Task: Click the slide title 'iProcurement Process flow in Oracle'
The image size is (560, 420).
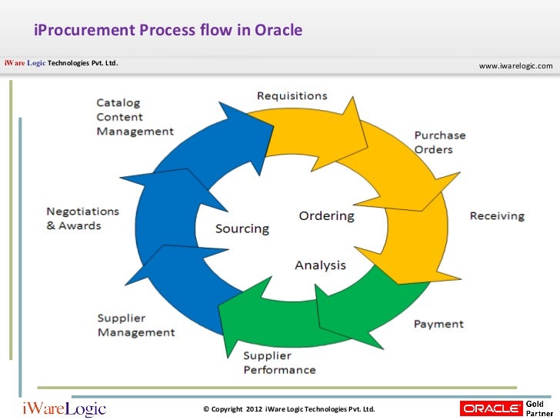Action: point(168,31)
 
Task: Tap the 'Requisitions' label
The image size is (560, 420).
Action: point(292,96)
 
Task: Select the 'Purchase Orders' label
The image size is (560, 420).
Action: point(440,142)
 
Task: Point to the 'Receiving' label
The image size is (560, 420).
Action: point(497,215)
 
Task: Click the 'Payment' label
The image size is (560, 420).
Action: point(438,324)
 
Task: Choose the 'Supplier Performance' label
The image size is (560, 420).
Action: point(279,362)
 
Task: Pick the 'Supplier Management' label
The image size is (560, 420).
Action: point(136,325)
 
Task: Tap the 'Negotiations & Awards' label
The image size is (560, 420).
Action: point(83,218)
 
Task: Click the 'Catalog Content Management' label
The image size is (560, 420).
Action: point(135,117)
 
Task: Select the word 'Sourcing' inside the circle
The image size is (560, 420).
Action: point(242,228)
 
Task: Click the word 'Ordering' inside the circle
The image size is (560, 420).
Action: point(326,215)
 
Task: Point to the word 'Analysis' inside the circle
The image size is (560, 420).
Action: point(320,265)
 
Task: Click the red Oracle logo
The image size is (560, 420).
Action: point(491,408)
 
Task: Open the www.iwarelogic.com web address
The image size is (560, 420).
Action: point(515,66)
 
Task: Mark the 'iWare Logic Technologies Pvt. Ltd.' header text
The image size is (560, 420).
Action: point(62,63)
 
